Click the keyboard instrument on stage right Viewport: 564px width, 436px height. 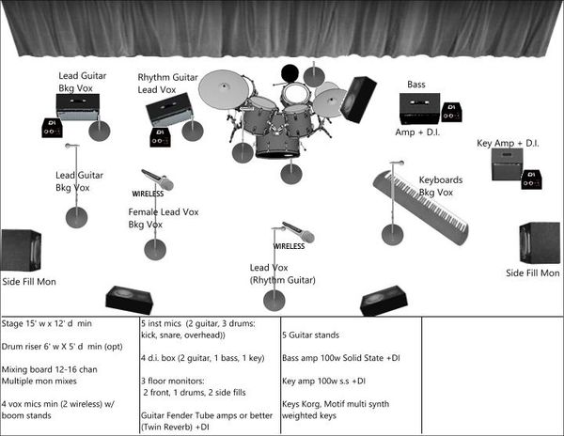[420, 205]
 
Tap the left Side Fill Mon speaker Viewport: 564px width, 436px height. [21, 250]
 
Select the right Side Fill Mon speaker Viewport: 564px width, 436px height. [540, 242]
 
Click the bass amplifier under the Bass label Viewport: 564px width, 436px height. [418, 108]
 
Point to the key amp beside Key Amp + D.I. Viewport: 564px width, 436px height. [507, 163]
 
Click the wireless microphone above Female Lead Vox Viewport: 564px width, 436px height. [157, 179]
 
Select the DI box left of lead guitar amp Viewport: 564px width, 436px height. [52, 127]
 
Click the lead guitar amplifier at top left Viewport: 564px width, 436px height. [78, 107]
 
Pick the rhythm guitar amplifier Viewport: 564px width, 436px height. [170, 109]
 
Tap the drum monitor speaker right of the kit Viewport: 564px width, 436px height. [358, 99]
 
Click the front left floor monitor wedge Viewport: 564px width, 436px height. [129, 299]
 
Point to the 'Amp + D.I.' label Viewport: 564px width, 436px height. [418, 133]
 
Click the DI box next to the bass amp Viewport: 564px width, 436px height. [451, 112]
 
